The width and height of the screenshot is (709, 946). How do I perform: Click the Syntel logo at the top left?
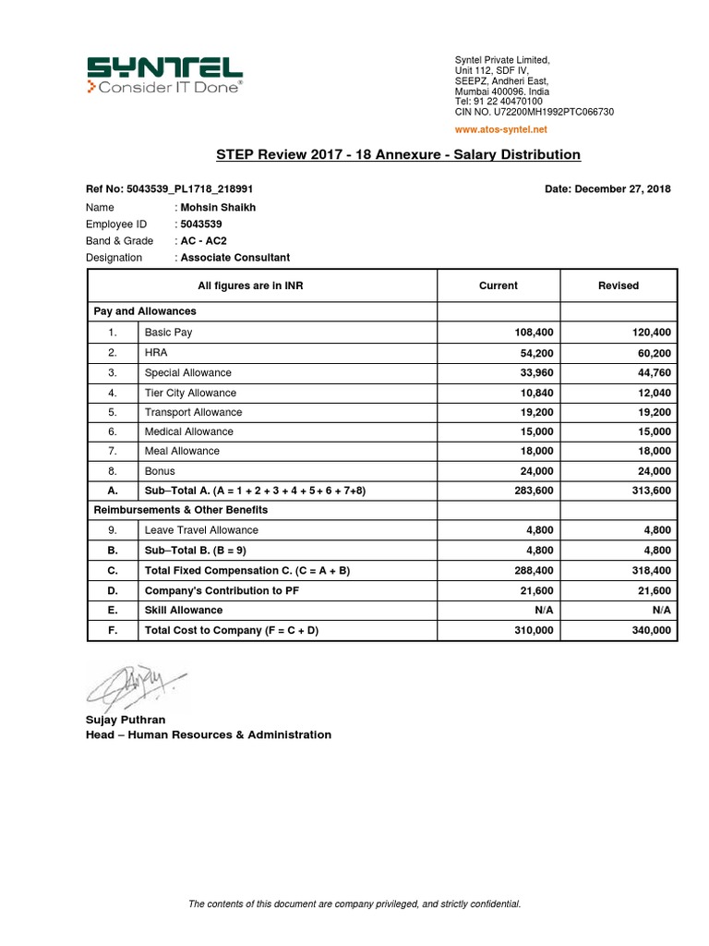click(164, 75)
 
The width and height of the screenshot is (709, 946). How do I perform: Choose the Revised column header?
click(619, 285)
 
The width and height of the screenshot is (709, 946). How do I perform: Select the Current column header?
click(499, 285)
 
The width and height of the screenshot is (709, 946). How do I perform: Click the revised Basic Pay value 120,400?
click(649, 333)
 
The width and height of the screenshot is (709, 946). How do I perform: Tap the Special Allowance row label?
click(188, 372)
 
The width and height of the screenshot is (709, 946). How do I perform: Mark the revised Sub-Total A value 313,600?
click(649, 491)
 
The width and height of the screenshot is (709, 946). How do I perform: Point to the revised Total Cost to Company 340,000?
click(649, 631)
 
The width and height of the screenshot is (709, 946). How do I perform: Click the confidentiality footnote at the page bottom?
click(354, 904)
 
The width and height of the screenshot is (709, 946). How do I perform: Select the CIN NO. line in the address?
click(534, 112)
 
